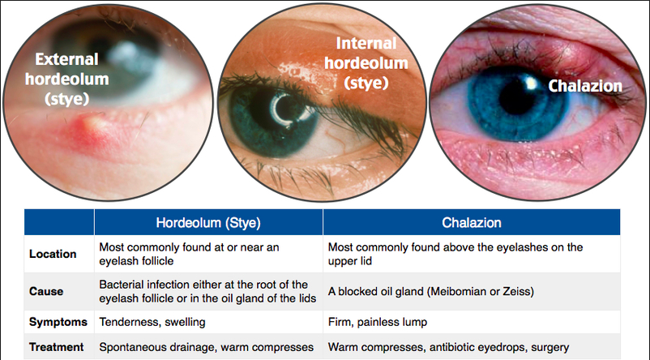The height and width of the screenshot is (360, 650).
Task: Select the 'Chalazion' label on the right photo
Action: (584, 86)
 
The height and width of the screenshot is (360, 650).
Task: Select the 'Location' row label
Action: (53, 254)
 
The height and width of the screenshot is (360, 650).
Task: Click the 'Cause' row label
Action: (45, 291)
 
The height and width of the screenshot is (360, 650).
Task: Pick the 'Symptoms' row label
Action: (58, 322)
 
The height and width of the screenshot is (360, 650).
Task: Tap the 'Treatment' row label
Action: (57, 347)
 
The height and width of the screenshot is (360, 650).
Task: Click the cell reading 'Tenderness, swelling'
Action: (152, 322)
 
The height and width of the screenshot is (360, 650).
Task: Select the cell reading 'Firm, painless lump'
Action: (377, 322)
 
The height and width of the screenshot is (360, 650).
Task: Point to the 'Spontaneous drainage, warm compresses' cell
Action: (206, 347)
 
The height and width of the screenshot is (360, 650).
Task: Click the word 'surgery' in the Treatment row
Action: (550, 347)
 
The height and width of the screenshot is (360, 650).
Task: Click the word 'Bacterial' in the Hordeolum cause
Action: (122, 284)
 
